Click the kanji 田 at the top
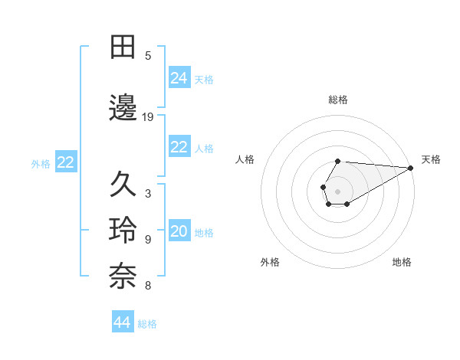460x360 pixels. [124, 47]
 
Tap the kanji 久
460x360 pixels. [124, 184]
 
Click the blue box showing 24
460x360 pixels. [179, 78]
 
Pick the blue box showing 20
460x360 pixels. [179, 232]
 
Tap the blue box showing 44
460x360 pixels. [123, 322]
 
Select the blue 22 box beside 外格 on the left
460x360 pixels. [66, 162]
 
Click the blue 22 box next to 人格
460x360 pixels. [179, 148]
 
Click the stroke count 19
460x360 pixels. [148, 116]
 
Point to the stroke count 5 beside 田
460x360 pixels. [148, 55]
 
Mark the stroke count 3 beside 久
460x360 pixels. [148, 193]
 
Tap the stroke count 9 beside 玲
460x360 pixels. [148, 240]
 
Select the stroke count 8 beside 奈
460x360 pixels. [148, 286]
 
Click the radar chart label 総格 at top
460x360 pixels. [337, 100]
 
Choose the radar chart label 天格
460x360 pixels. [431, 159]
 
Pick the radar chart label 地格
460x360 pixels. [402, 262]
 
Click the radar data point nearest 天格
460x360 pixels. [411, 167]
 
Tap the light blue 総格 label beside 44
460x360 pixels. [147, 324]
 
